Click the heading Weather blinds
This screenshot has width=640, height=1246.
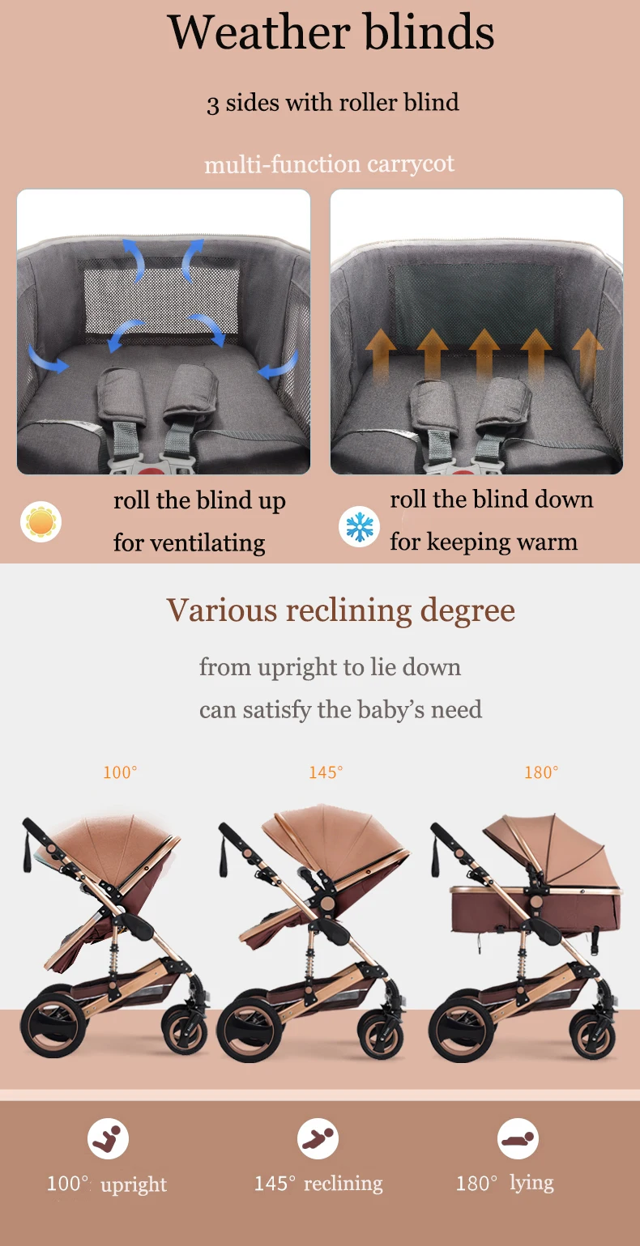tap(331, 32)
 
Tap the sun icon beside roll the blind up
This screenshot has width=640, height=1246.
tap(41, 521)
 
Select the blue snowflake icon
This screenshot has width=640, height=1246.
tap(360, 526)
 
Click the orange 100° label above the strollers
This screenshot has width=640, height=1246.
tap(120, 772)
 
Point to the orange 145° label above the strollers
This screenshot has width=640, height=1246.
tap(326, 772)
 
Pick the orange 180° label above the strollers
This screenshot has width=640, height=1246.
tap(541, 772)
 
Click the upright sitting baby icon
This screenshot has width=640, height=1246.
tap(108, 1138)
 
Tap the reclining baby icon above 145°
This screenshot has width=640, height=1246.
tap(318, 1138)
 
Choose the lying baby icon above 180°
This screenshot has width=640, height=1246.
tap(518, 1138)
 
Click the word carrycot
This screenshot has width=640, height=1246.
tap(411, 164)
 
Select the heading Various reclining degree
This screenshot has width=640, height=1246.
tap(340, 610)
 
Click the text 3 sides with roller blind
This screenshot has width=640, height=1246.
tap(333, 103)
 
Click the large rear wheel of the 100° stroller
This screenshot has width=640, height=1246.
tap(53, 1023)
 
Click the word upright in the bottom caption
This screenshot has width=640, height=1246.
tap(134, 1184)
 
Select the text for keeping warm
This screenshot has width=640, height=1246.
tap(484, 542)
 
